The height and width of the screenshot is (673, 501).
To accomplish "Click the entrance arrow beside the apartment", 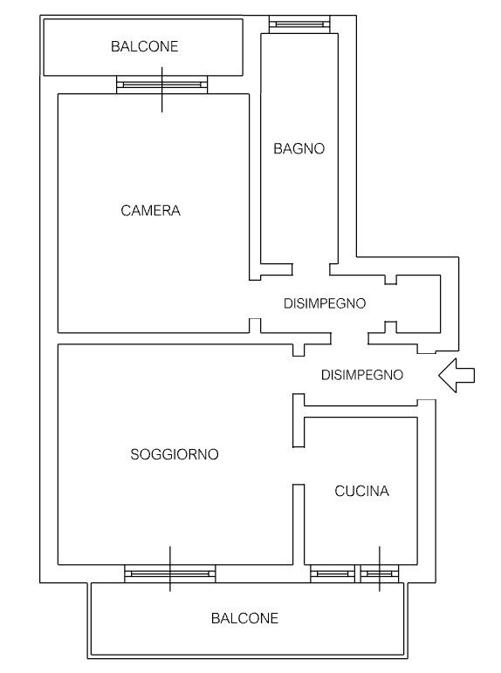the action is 456,376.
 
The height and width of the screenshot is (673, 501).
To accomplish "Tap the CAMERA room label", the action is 150,210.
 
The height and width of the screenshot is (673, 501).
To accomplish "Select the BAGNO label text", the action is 299,148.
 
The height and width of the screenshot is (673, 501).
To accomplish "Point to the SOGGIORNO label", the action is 175,454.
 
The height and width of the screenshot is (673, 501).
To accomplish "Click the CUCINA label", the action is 362,491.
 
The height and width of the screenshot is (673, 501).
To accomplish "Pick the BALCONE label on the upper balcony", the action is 144,46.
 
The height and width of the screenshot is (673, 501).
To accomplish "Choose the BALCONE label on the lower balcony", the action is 245,618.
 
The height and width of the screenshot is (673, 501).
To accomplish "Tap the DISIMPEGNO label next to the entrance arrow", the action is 362,375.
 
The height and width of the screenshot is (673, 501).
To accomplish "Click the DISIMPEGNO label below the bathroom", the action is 325,303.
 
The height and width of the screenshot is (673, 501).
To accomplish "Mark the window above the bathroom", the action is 299,24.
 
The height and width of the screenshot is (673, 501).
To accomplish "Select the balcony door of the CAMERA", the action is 162,85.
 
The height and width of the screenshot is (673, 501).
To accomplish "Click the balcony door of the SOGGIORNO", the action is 170,574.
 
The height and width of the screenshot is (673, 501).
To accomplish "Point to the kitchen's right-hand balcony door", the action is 380,574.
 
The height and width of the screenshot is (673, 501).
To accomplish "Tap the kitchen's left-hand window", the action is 333,574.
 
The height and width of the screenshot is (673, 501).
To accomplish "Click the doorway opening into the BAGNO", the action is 311,269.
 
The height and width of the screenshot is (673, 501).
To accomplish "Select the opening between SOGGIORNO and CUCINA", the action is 299,466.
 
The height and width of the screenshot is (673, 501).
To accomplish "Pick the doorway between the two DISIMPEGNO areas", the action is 349,338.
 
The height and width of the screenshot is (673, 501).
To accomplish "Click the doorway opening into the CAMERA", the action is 255,300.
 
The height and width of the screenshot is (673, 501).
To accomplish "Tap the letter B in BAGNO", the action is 278,148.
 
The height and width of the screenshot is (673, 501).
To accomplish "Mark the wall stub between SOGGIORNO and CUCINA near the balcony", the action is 299,525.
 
